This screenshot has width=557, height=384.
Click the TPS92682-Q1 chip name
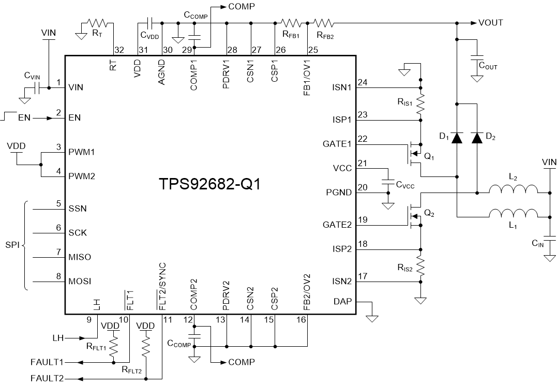click(209, 185)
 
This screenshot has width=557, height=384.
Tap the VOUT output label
click(490, 23)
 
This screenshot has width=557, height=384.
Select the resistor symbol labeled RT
click(97, 23)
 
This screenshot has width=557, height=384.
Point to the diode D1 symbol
click(457, 138)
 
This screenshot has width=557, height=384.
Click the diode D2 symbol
click(477, 138)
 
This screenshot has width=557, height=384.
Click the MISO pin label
click(78, 257)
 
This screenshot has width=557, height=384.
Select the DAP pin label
click(341, 301)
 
